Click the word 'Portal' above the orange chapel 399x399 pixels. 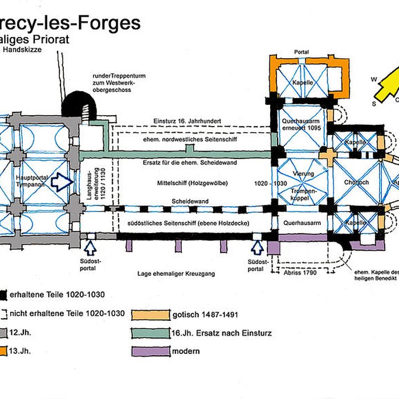(301, 52)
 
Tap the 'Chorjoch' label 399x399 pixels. (357, 183)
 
